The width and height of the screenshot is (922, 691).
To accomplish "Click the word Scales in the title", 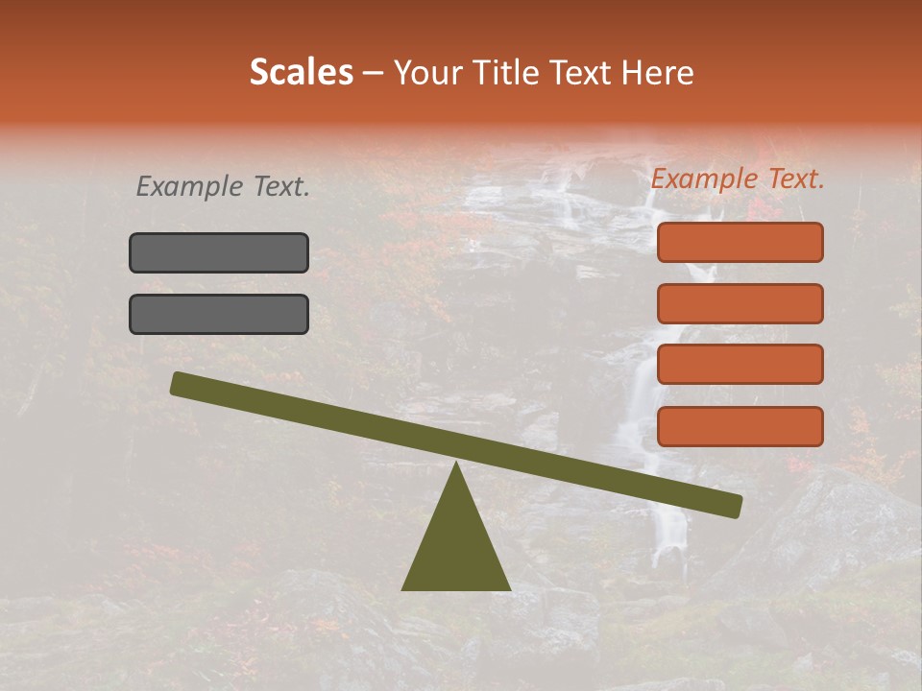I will pos(301,73).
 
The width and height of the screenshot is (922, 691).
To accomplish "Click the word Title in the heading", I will pos(505,73).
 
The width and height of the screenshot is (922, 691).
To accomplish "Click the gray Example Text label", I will pos(223,187).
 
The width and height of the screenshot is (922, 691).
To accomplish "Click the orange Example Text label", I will pos(738,179).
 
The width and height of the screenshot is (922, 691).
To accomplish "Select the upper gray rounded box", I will pos(219,252).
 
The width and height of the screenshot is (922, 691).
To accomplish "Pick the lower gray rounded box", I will pos(219,314).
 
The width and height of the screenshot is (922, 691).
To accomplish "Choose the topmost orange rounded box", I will pos(740,242).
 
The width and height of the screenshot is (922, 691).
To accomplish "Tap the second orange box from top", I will pos(740,303).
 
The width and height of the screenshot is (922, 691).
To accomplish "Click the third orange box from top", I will pos(740,365).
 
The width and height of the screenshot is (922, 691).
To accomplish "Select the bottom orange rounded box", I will pos(740,426).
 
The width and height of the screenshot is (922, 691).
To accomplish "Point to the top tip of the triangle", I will pos(455,464).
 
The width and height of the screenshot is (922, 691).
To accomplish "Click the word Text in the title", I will pos(580,73).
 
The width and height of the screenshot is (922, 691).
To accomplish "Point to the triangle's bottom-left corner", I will pos(403,588).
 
